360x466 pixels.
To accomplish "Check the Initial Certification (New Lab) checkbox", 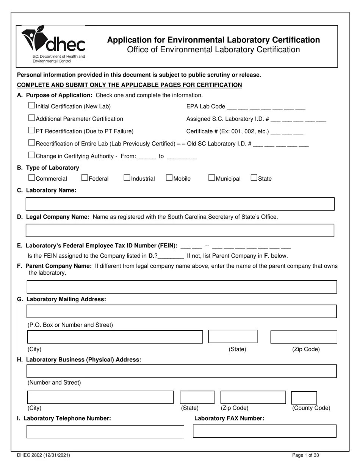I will pos(32,106).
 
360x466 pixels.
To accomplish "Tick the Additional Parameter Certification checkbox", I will pos(32,118).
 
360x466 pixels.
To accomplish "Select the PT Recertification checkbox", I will pos(32,131).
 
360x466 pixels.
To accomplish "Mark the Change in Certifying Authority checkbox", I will pos(32,155).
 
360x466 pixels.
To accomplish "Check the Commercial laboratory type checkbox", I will pos(32,178).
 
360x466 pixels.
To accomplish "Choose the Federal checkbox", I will pos(85,178).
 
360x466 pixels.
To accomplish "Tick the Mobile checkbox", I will pos(169,178).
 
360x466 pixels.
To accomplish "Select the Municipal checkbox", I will pos(212,178).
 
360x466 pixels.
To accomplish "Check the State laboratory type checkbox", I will pos(254,178).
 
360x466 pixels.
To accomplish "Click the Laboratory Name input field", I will pos(180,204).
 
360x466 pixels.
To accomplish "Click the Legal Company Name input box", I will pos(180,230).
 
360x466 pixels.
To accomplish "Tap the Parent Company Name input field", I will pos(182,287).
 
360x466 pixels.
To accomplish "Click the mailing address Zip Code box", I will pos(304,337).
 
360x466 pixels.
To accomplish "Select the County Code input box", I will pos(304,398).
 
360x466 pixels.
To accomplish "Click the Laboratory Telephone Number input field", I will pos(105,432).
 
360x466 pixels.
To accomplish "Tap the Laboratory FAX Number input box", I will pos(265,431).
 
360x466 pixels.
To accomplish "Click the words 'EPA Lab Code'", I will pos(206,107).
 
